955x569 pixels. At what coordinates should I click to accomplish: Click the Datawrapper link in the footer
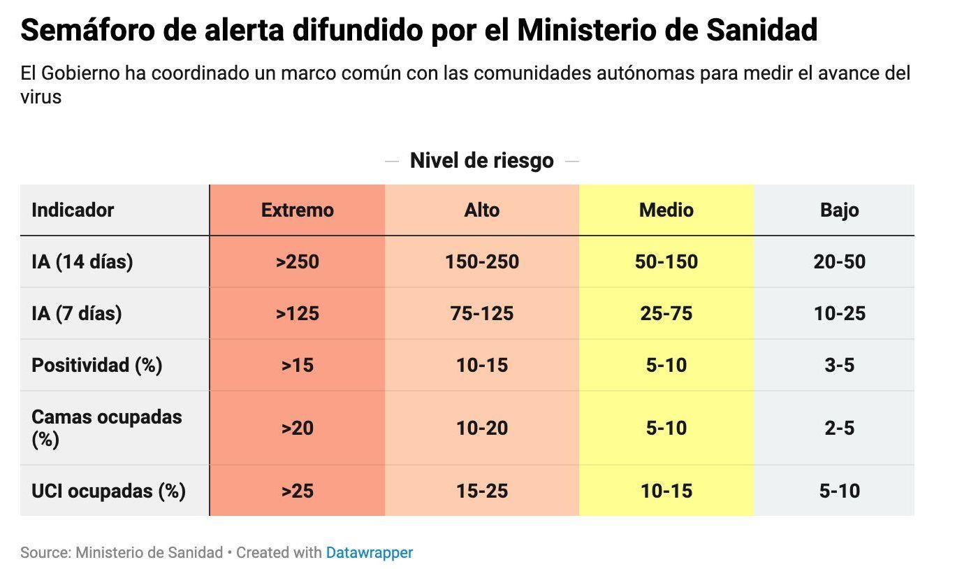click(369, 552)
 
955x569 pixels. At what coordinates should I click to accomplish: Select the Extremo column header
click(297, 210)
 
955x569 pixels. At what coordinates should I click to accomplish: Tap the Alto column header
click(481, 210)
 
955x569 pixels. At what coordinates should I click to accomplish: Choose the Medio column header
click(666, 210)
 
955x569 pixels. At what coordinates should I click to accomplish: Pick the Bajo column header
click(839, 210)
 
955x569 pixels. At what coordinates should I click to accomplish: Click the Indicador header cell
click(73, 210)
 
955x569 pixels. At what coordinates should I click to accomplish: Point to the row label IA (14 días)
click(82, 261)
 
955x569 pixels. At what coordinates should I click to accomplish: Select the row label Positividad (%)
click(96, 365)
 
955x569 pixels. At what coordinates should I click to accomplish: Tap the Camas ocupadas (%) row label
click(106, 427)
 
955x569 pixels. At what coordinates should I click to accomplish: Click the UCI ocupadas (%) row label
click(108, 491)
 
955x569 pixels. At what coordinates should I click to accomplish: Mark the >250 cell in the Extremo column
click(297, 261)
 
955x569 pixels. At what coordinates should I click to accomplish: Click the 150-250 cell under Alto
click(481, 261)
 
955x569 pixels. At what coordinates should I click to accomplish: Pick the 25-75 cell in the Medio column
click(666, 313)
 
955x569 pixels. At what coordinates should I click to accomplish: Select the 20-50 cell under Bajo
click(839, 261)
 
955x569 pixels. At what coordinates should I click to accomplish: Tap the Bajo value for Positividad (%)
click(839, 365)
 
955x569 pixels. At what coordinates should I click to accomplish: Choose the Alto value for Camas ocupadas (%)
click(481, 427)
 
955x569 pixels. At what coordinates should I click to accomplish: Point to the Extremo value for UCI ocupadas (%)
click(297, 491)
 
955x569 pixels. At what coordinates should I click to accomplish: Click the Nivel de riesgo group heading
click(481, 160)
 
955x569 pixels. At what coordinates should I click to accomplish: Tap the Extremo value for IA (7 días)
click(297, 313)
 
